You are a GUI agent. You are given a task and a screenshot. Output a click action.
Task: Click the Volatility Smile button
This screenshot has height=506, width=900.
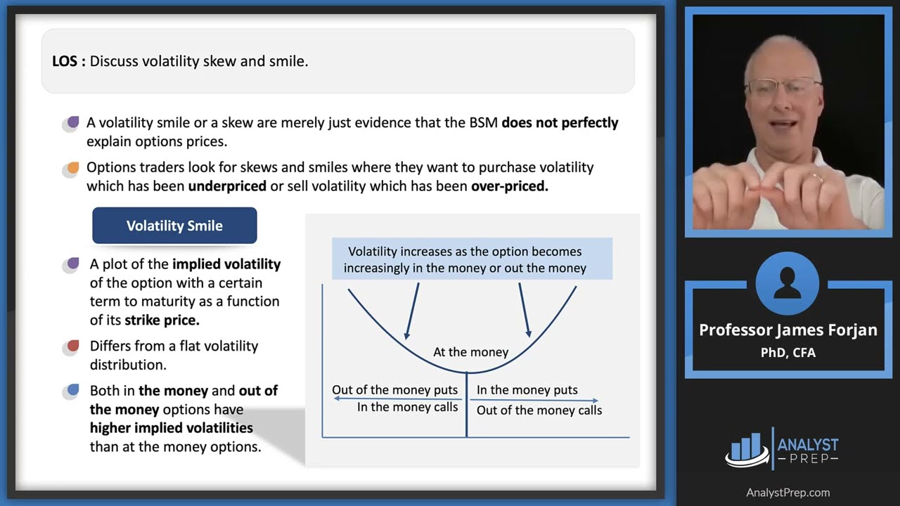click(x=174, y=226)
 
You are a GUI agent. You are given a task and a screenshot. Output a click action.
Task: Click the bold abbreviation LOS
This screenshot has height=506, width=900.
click(x=68, y=61)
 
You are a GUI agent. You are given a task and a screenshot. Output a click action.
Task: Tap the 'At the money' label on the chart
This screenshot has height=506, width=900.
click(x=470, y=352)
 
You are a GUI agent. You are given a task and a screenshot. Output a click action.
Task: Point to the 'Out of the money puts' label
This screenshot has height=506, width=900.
click(x=394, y=390)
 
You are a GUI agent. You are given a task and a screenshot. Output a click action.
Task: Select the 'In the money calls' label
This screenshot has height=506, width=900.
click(x=407, y=407)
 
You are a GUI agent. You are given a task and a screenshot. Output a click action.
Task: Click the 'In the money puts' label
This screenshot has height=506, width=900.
click(x=527, y=390)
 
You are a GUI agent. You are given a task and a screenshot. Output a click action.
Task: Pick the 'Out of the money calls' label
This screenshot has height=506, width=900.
click(x=539, y=410)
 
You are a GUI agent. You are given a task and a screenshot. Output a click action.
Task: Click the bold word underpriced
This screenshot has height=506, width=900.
click(x=227, y=186)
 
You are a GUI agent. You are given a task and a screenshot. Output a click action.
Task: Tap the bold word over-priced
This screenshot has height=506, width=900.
click(x=509, y=186)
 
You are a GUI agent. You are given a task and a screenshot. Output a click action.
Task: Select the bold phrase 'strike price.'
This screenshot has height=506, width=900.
click(x=162, y=320)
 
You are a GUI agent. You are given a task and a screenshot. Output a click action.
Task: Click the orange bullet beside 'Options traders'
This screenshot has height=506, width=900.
click(x=71, y=169)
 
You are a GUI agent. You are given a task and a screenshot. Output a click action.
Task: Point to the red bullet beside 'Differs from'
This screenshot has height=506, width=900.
click(x=71, y=347)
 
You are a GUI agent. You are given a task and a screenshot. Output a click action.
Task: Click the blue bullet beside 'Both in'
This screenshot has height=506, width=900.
click(x=71, y=391)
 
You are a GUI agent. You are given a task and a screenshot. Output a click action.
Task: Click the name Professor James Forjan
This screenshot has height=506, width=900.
click(x=787, y=330)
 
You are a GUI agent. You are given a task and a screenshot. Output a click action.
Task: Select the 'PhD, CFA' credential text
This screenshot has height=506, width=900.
click(x=787, y=353)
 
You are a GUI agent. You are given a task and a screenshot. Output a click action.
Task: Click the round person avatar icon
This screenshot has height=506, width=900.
click(x=787, y=284)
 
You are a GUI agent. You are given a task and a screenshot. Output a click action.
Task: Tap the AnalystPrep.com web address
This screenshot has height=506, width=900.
click(x=787, y=493)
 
